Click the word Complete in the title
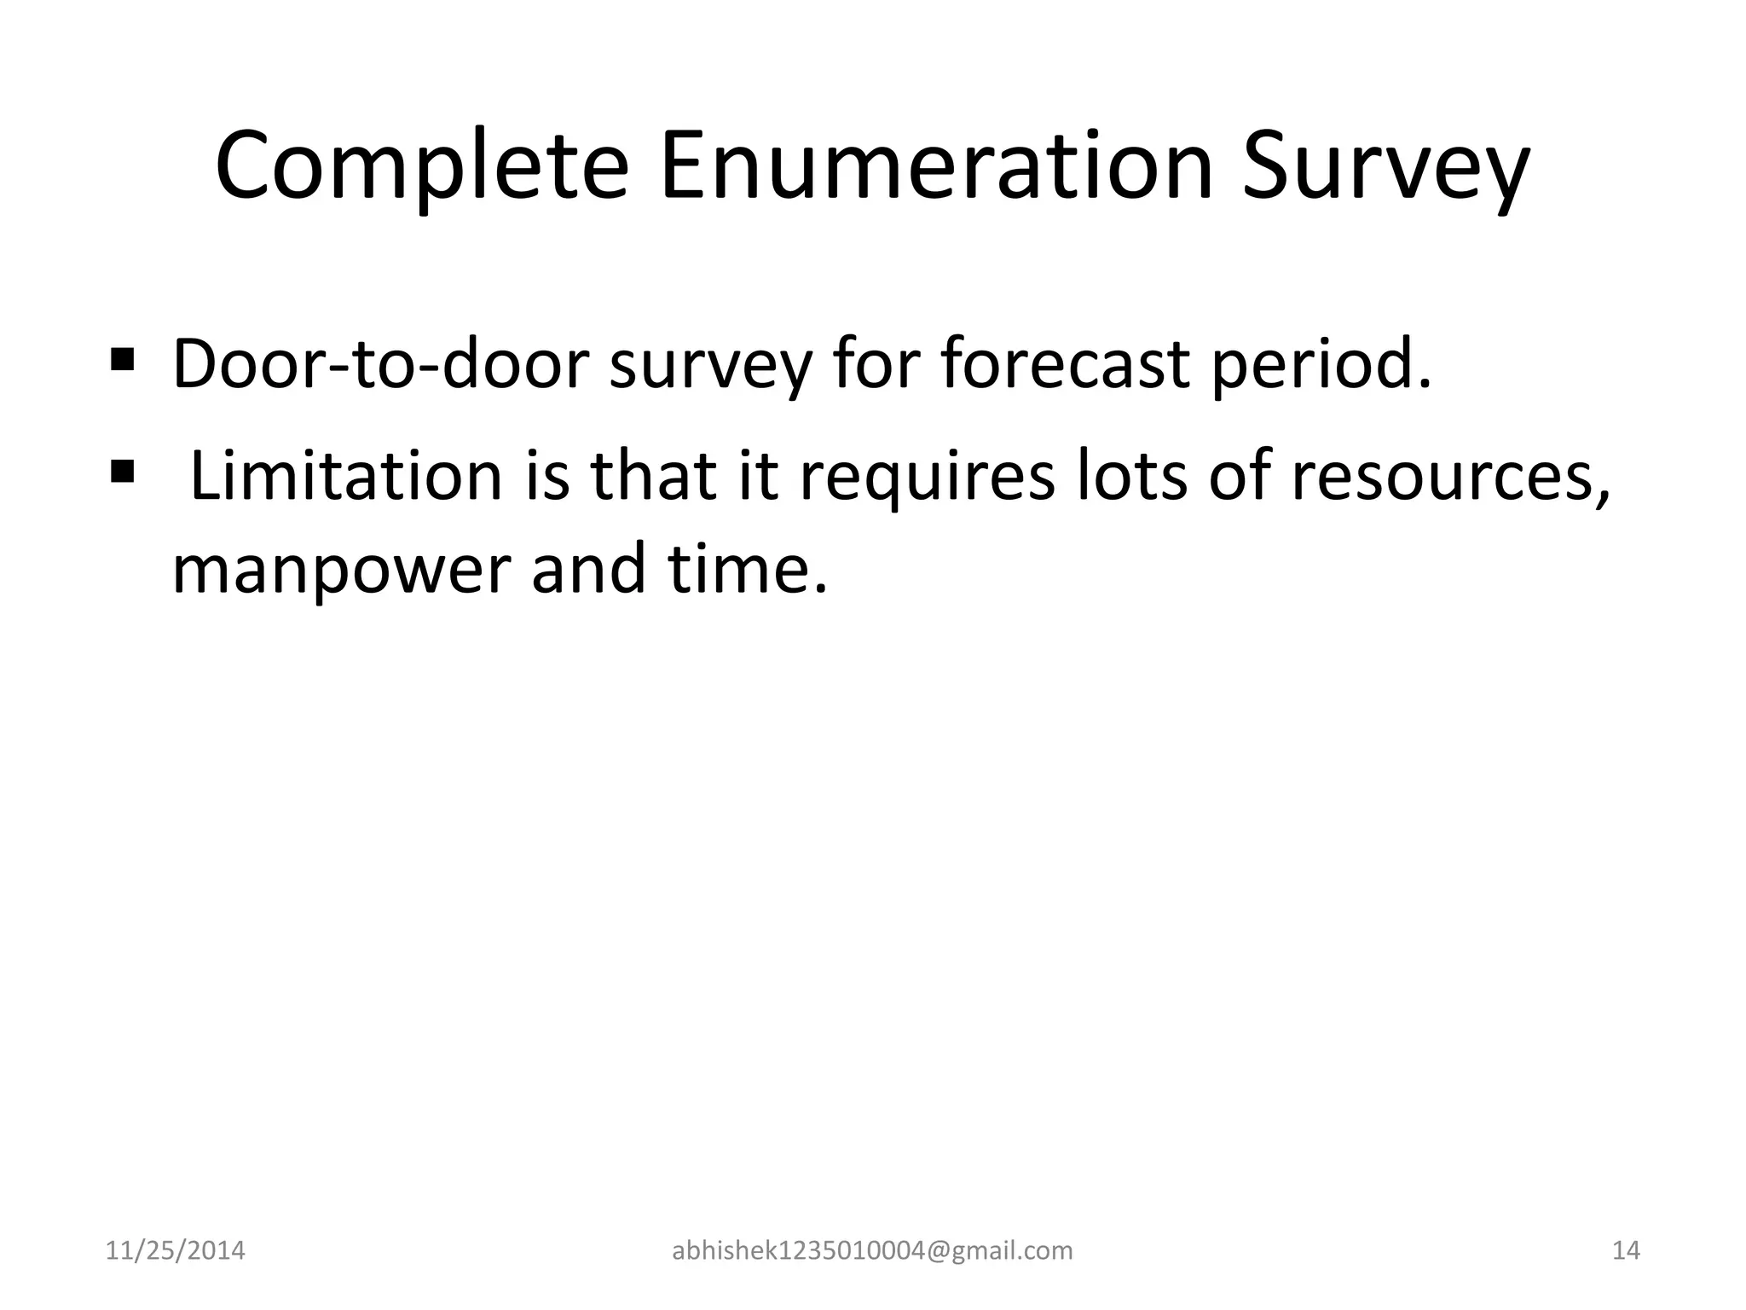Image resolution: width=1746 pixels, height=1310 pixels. pos(421,166)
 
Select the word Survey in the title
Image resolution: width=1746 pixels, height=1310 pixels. pos(1385,166)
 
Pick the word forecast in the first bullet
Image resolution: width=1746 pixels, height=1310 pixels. pos(1065,364)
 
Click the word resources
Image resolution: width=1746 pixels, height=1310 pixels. pos(1450,478)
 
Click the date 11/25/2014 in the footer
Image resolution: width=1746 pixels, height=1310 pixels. pos(175,1250)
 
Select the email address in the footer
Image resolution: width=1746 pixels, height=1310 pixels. pos(872,1250)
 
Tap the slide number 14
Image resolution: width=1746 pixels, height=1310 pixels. pos(1626,1250)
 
